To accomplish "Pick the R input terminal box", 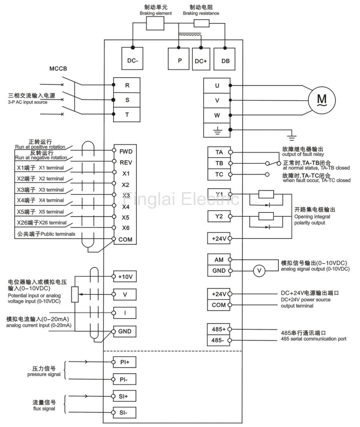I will click(127, 85).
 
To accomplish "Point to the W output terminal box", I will click(217, 115).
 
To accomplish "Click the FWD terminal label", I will click(126, 151).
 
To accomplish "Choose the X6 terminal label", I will click(125, 228).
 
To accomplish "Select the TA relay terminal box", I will click(219, 152).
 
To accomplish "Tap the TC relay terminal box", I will click(219, 175).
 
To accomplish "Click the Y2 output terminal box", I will click(219, 216).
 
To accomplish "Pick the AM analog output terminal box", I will click(219, 260).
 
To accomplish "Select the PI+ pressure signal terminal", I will click(125, 362).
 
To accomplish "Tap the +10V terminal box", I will click(125, 276).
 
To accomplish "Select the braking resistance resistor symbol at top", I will click(202, 23).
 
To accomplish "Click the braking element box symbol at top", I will click(155, 24).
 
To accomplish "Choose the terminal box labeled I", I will click(125, 313).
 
